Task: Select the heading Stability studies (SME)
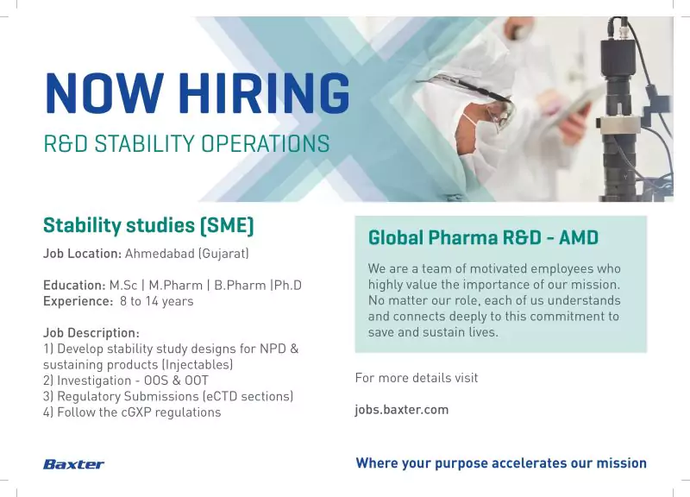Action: pos(148,226)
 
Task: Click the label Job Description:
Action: pos(91,333)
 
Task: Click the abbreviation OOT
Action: pos(196,381)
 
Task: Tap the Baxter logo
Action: pos(73,464)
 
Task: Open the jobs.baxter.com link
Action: pos(401,410)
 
